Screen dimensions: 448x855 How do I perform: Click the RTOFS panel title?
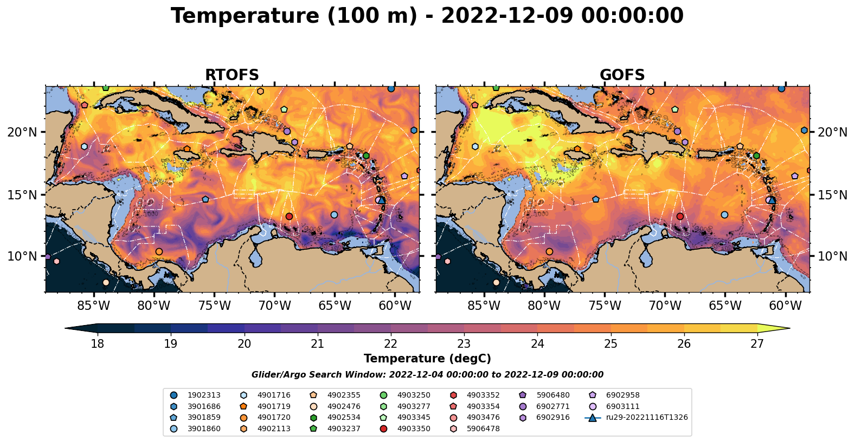coord(232,75)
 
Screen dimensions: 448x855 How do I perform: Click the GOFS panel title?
coord(622,75)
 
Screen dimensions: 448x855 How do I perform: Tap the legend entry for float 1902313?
coord(204,395)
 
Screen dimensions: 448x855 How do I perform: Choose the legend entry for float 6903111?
coord(622,406)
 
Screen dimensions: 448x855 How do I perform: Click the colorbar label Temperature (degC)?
coord(427,359)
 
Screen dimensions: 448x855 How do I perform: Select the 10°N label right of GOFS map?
coord(832,256)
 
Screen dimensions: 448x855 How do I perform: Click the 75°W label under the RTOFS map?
coord(214,306)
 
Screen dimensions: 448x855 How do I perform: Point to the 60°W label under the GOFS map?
coord(785,306)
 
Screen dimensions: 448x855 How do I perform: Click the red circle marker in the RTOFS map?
coord(289,216)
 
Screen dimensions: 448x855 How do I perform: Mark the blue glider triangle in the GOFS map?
coord(772,200)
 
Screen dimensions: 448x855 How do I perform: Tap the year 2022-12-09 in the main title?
coord(506,16)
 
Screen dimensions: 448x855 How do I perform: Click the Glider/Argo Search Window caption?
coord(427,375)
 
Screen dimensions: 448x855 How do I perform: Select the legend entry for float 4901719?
coord(273,406)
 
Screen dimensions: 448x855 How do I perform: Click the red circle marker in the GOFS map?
coord(680,216)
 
